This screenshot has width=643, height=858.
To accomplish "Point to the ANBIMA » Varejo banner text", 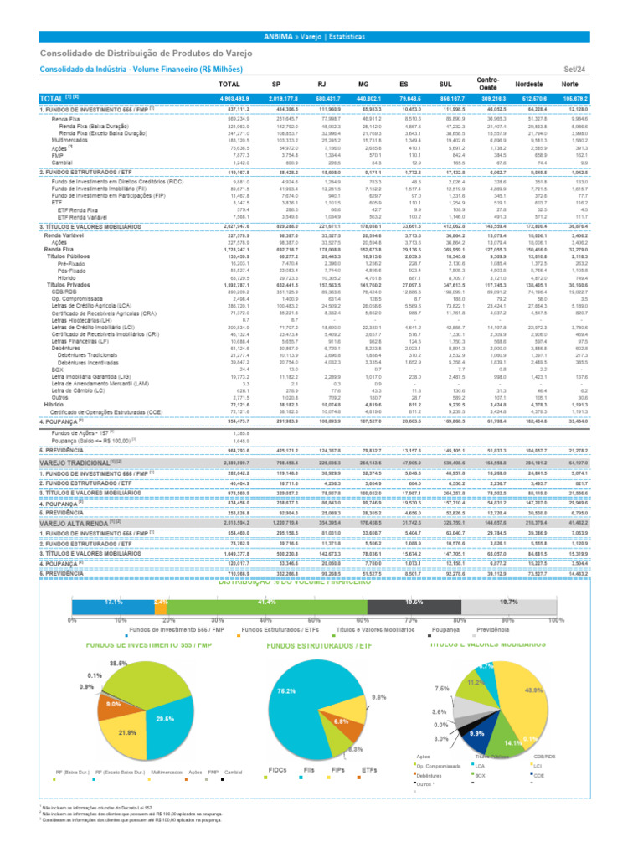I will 321,37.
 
